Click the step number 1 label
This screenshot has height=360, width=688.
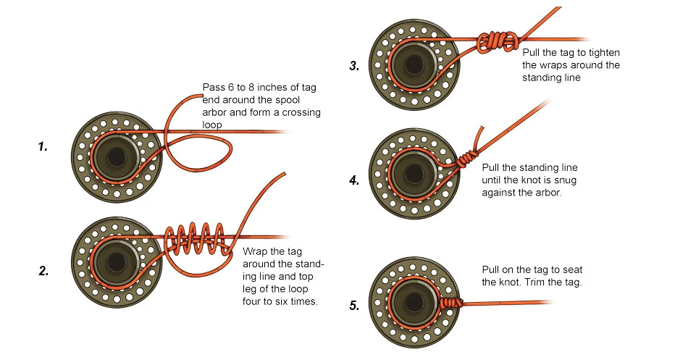coord(43,147)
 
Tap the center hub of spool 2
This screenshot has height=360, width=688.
coord(115,259)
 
